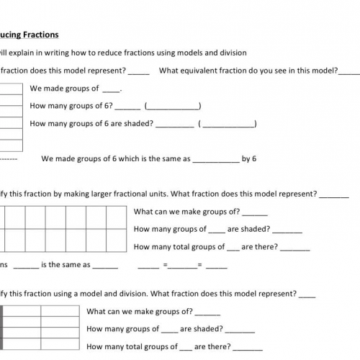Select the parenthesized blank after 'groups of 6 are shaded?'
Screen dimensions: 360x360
click(228, 124)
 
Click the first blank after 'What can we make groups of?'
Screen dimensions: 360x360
click(256, 213)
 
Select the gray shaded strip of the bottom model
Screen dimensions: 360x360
click(2, 328)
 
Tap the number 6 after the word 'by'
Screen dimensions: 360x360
click(254, 159)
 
